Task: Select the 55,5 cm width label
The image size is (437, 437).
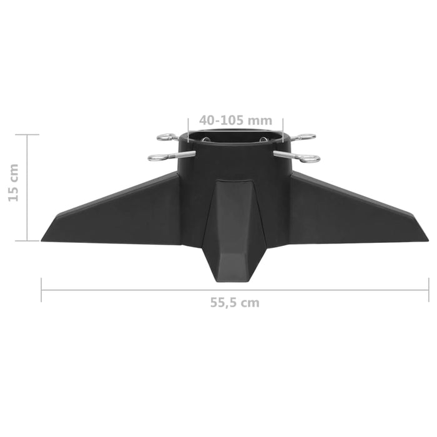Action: pos(234,302)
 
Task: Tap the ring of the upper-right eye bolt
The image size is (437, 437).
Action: pos(307,137)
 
